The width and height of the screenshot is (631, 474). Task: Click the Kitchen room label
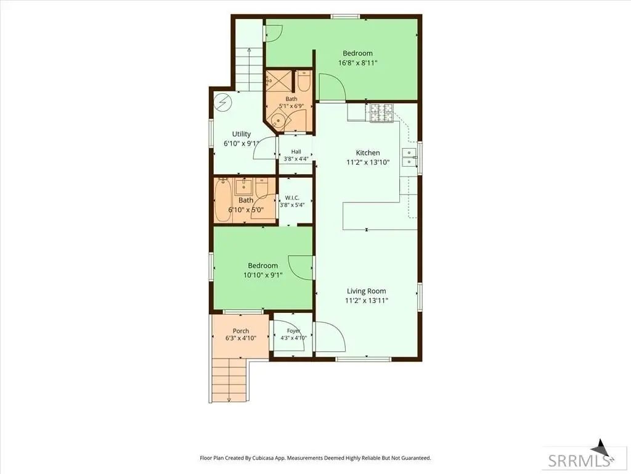point(368,153)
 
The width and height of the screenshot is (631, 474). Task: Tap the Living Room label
point(366,291)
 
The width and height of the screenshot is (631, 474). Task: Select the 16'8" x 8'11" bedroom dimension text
point(358,63)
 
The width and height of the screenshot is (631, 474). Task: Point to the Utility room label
point(242,134)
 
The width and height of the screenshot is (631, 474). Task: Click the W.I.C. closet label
point(292,197)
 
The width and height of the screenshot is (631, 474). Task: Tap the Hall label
point(296,152)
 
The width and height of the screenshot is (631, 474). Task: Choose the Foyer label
point(294,331)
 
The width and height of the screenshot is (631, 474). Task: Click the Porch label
point(241,331)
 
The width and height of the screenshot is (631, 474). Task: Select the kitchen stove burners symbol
point(381,113)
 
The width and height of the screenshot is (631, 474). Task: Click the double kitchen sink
point(409,157)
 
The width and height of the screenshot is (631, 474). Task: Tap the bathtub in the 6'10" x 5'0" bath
point(222,201)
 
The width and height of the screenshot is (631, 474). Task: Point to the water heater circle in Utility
point(222,103)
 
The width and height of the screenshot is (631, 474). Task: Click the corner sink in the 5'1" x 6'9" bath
point(278,120)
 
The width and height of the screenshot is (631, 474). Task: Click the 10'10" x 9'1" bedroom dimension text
point(263,275)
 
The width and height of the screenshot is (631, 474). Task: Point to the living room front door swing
point(331,337)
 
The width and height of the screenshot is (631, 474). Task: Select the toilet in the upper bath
point(303,81)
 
